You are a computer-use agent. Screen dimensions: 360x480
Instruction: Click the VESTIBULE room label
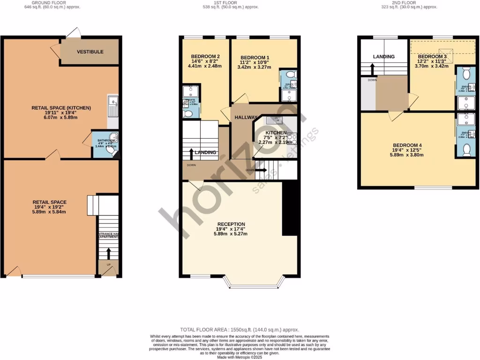click(90, 52)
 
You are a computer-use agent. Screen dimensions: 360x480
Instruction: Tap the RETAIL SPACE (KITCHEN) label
click(61, 108)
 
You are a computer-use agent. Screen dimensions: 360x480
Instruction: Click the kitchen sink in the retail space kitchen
click(112, 102)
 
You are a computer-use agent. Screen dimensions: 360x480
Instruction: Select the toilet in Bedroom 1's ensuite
click(290, 75)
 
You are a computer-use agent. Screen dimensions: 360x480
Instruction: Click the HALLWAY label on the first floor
click(246, 118)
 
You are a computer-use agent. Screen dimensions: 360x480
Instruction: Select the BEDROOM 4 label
click(407, 145)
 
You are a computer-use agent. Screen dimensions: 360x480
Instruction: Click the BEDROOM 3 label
click(432, 57)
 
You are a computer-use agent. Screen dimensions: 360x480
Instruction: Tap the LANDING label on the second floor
click(383, 57)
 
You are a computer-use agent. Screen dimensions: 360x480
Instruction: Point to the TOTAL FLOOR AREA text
click(240, 330)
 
